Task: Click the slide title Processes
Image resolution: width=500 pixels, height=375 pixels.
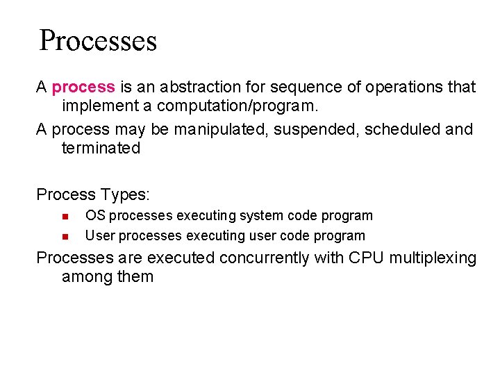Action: pos(98,41)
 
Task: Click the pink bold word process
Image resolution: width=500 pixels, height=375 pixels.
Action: pos(83,87)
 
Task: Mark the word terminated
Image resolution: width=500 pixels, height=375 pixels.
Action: pos(101,148)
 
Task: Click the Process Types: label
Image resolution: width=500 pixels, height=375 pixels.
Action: pos(93,194)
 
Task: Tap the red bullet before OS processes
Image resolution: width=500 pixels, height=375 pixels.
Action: pos(64,216)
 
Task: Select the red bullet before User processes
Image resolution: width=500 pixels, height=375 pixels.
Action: pos(64,236)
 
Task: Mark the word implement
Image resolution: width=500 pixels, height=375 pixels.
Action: pos(96,106)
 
